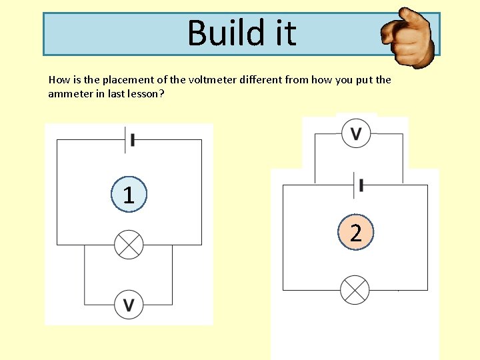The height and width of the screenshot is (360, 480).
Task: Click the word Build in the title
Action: click(220, 33)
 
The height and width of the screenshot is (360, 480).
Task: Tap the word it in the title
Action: click(281, 33)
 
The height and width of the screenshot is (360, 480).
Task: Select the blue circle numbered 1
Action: click(129, 195)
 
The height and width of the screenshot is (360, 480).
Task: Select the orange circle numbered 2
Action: click(356, 233)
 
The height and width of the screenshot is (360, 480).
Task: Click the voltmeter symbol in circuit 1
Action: click(129, 305)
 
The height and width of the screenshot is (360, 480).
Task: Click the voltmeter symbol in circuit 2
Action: click(356, 133)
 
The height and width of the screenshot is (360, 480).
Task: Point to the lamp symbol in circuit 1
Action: click(129, 245)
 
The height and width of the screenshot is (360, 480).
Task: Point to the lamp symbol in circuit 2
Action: click(355, 290)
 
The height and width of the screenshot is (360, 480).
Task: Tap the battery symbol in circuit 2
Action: click(359, 185)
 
